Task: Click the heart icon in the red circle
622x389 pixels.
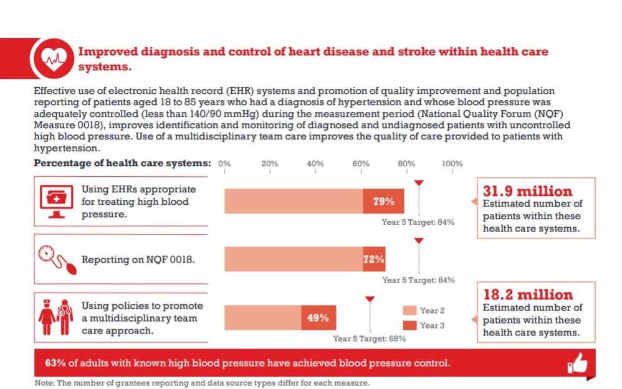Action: coord(52,58)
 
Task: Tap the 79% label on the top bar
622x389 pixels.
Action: coord(383,201)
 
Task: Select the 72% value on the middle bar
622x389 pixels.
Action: coord(373,259)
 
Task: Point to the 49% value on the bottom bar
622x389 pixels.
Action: coord(318,317)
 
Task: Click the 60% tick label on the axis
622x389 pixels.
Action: coord(361,164)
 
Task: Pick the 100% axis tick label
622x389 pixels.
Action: coord(452,164)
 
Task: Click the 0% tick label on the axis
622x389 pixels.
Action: coord(224,164)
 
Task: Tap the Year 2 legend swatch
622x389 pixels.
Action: coord(409,311)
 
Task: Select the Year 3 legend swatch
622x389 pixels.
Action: coord(409,326)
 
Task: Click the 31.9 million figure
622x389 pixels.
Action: coord(527,191)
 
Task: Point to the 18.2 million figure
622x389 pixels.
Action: coord(527,295)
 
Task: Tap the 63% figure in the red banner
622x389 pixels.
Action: coord(55,363)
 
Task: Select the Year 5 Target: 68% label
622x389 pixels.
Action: coord(370,339)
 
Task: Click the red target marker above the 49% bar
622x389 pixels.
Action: coord(370,299)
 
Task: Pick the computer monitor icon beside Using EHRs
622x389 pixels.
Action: coord(56,200)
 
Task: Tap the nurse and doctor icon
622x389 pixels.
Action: coord(55,318)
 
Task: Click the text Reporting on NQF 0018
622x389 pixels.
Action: coord(138,260)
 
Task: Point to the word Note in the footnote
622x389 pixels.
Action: coord(44,383)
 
